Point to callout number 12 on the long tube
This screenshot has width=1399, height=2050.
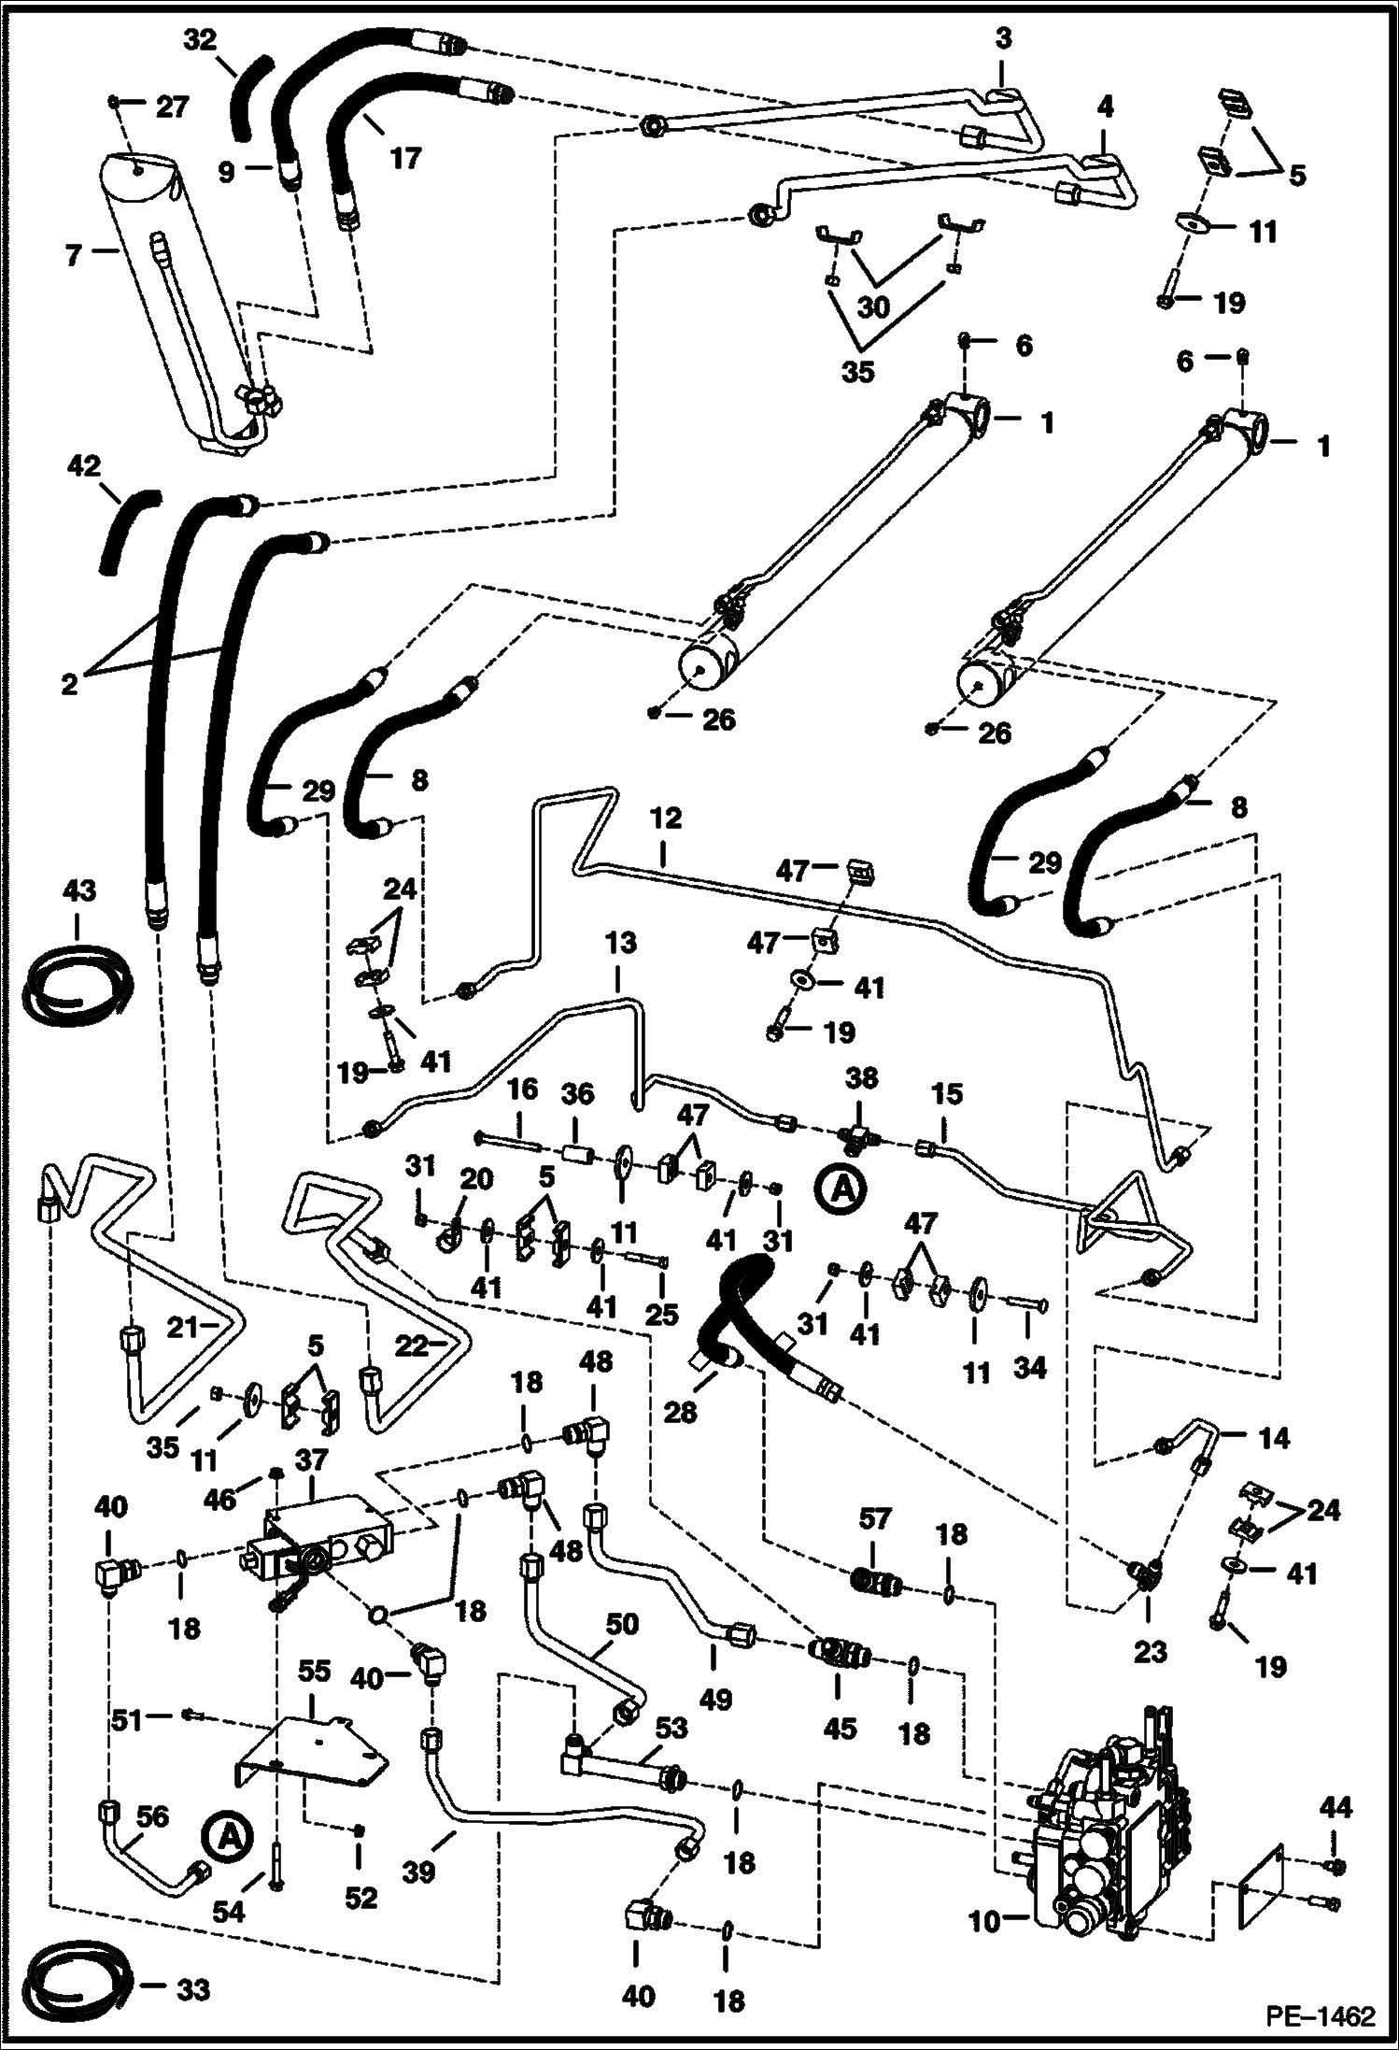pyautogui.click(x=665, y=819)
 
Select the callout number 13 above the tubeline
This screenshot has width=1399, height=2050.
pyautogui.click(x=620, y=944)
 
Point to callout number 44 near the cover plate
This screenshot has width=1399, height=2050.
pyautogui.click(x=1335, y=1807)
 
